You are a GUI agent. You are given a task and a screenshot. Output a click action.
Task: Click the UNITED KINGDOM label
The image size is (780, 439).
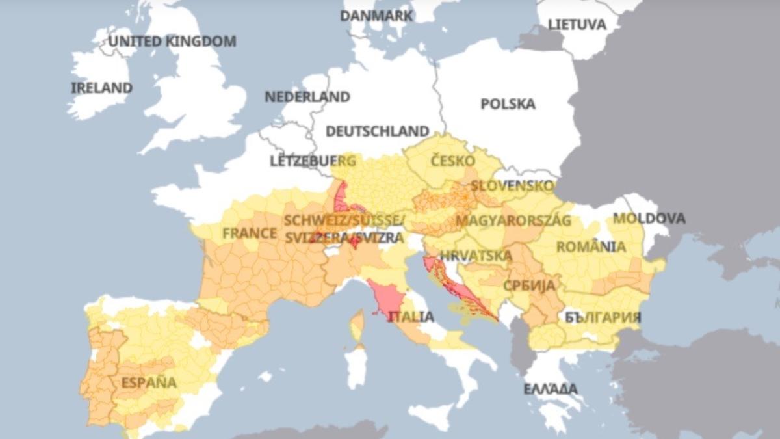pyautogui.click(x=172, y=42)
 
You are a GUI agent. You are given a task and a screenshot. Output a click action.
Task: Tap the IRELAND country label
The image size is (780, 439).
pyautogui.click(x=101, y=88)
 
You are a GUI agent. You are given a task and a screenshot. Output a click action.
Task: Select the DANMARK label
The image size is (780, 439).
pyautogui.click(x=376, y=16)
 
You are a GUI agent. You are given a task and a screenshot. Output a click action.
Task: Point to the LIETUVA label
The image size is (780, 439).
pyautogui.click(x=577, y=25)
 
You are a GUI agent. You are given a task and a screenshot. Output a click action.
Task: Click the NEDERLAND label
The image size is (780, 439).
pyautogui.click(x=307, y=97)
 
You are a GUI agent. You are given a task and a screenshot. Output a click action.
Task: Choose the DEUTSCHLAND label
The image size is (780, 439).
pyautogui.click(x=377, y=131)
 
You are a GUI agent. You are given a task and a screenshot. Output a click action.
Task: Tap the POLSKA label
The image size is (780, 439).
pyautogui.click(x=508, y=104)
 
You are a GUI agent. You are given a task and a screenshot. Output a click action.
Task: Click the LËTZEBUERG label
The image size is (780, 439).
pyautogui.click(x=313, y=161)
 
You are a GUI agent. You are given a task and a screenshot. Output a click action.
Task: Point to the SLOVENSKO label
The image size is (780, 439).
pyautogui.click(x=513, y=186)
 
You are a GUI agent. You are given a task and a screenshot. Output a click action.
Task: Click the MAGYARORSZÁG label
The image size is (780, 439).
pyautogui.click(x=513, y=220)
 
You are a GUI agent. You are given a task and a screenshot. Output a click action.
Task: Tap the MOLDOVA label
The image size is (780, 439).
pyautogui.click(x=649, y=219)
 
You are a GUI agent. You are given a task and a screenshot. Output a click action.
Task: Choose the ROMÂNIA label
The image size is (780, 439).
pyautogui.click(x=591, y=247)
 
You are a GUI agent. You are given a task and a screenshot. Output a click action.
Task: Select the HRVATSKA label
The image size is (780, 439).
pyautogui.click(x=476, y=256)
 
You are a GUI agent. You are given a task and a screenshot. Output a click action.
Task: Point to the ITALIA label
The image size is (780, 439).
pyautogui.click(x=411, y=317)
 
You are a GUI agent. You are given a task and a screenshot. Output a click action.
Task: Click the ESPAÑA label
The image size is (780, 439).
pyautogui.click(x=149, y=382)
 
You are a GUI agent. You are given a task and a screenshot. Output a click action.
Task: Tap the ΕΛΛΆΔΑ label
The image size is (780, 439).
pyautogui.click(x=551, y=389)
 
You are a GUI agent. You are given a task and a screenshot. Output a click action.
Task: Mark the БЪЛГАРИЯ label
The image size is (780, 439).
pyautogui.click(x=603, y=317)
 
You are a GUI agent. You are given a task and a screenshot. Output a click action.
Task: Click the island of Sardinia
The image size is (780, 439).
pyautogui.click(x=356, y=366)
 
